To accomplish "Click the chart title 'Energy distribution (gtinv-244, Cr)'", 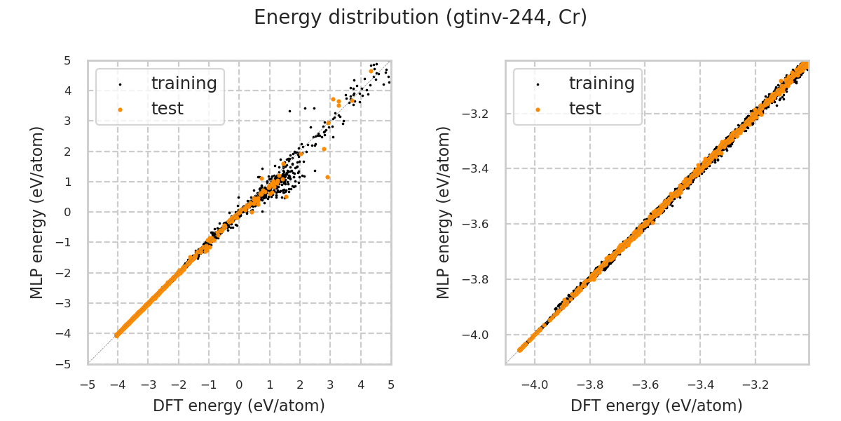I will point(420,18).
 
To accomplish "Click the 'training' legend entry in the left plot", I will point(184,83).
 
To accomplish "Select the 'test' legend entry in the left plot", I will point(167,109).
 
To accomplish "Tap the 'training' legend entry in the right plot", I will point(601,83).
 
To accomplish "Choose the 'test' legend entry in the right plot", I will point(584,109).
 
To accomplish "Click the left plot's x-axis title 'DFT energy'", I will point(239,406).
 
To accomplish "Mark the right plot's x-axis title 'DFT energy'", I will point(657,406).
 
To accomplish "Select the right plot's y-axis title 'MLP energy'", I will point(444,212).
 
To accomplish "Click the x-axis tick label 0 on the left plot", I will point(239,385).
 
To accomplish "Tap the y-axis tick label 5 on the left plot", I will point(67,60).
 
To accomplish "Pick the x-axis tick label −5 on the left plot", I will point(88,385).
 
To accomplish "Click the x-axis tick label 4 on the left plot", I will point(361,385).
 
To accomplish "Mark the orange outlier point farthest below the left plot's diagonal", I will point(327,177).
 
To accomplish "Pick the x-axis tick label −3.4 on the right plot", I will point(699,385).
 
